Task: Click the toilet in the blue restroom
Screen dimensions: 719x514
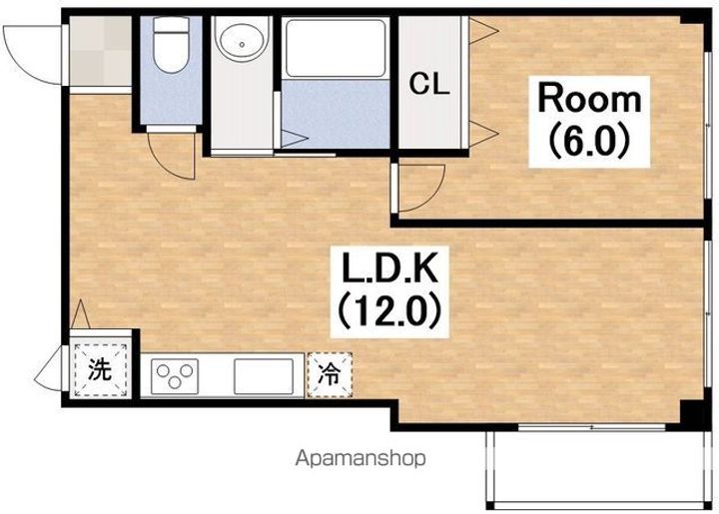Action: coord(171,44)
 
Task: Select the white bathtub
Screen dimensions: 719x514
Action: coord(336,47)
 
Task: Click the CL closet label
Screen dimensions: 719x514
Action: coord(429,84)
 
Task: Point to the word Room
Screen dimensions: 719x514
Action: coord(589,99)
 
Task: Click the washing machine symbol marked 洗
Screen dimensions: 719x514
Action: coord(100,369)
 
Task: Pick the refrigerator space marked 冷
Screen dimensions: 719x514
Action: coord(330,374)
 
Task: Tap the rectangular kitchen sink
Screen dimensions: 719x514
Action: coord(264,376)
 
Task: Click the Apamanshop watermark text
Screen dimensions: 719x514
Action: coord(360,458)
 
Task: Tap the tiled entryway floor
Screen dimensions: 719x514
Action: coord(101,51)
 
